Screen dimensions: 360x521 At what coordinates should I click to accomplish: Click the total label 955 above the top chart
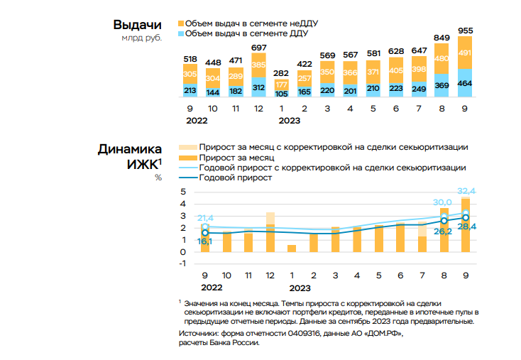(465, 31)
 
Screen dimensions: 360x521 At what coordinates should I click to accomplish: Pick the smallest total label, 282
(282, 72)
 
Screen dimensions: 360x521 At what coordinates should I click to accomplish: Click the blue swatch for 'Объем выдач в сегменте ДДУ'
(180, 33)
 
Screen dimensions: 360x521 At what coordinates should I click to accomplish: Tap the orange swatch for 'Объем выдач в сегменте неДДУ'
(180, 23)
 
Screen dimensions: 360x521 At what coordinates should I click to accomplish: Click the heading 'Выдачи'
(138, 25)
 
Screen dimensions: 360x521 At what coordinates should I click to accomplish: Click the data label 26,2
(444, 231)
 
